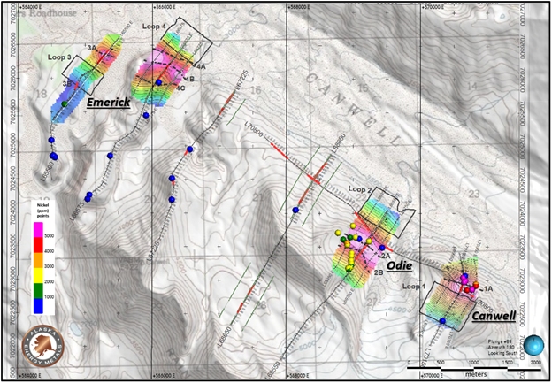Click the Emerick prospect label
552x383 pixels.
pyautogui.click(x=109, y=103)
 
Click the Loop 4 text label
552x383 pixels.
pyautogui.click(x=153, y=27)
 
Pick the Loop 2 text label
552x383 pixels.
pyautogui.click(x=358, y=190)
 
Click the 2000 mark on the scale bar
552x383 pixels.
pyautogui.click(x=534, y=364)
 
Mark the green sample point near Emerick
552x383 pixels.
pyautogui.click(x=65, y=104)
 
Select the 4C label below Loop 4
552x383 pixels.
pyautogui.click(x=180, y=88)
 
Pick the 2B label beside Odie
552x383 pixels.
pyautogui.click(x=378, y=273)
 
